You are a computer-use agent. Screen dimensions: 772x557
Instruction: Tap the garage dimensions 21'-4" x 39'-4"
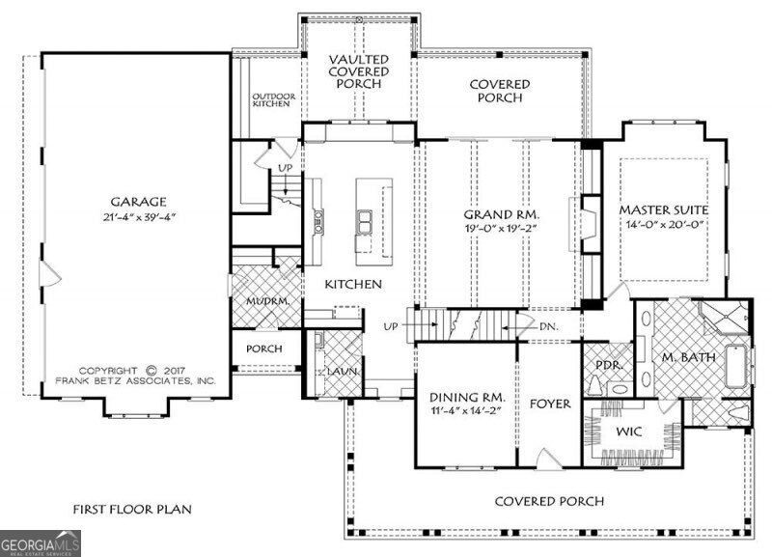pos(139,217)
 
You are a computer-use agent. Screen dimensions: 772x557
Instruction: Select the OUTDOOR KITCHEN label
pos(274,100)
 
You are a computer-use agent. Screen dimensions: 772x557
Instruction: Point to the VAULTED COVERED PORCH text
pos(359,71)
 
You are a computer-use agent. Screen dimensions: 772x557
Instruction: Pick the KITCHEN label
pos(353,284)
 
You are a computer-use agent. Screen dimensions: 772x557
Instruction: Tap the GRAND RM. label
pos(502,214)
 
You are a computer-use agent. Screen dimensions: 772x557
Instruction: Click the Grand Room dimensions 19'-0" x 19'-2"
pos(500,229)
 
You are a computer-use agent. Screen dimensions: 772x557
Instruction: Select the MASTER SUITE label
pos(664,209)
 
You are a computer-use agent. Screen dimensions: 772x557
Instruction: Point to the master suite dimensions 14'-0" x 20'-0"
pos(664,225)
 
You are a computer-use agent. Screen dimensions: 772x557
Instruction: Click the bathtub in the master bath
pos(737,367)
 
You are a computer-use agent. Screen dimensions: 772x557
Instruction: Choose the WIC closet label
pos(629,432)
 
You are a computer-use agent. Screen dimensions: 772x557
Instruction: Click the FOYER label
pos(550,404)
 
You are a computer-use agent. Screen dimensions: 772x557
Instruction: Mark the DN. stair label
pos(549,326)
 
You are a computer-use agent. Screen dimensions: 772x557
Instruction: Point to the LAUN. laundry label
pos(343,372)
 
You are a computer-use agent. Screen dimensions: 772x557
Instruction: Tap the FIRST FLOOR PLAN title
pos(132,510)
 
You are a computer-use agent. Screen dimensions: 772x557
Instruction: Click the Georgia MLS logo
pos(41,543)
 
